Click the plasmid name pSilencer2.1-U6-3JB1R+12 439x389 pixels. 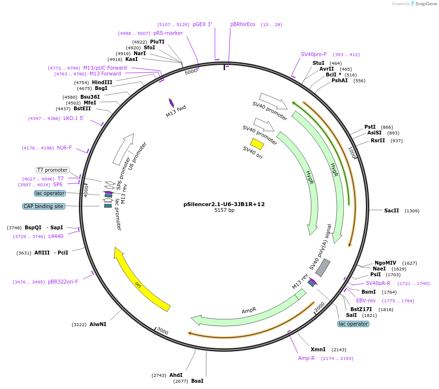click(x=224, y=204)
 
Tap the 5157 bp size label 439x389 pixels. click(x=224, y=210)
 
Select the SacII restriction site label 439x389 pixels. click(x=392, y=210)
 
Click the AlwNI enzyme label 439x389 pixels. click(x=98, y=324)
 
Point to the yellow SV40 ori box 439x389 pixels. click(x=257, y=144)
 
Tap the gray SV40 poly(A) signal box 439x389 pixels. click(x=323, y=268)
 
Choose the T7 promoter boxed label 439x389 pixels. click(x=52, y=170)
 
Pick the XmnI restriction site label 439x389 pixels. click(x=318, y=349)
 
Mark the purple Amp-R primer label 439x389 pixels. click(x=306, y=358)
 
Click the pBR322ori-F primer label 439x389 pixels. click(x=63, y=282)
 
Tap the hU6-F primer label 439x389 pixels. click(x=64, y=148)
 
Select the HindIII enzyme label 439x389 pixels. click(x=102, y=82)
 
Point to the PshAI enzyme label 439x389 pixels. click(x=339, y=80)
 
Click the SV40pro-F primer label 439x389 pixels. click(x=314, y=54)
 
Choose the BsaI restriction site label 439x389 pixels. click(x=197, y=381)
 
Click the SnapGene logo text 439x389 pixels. click(x=425, y=4)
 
